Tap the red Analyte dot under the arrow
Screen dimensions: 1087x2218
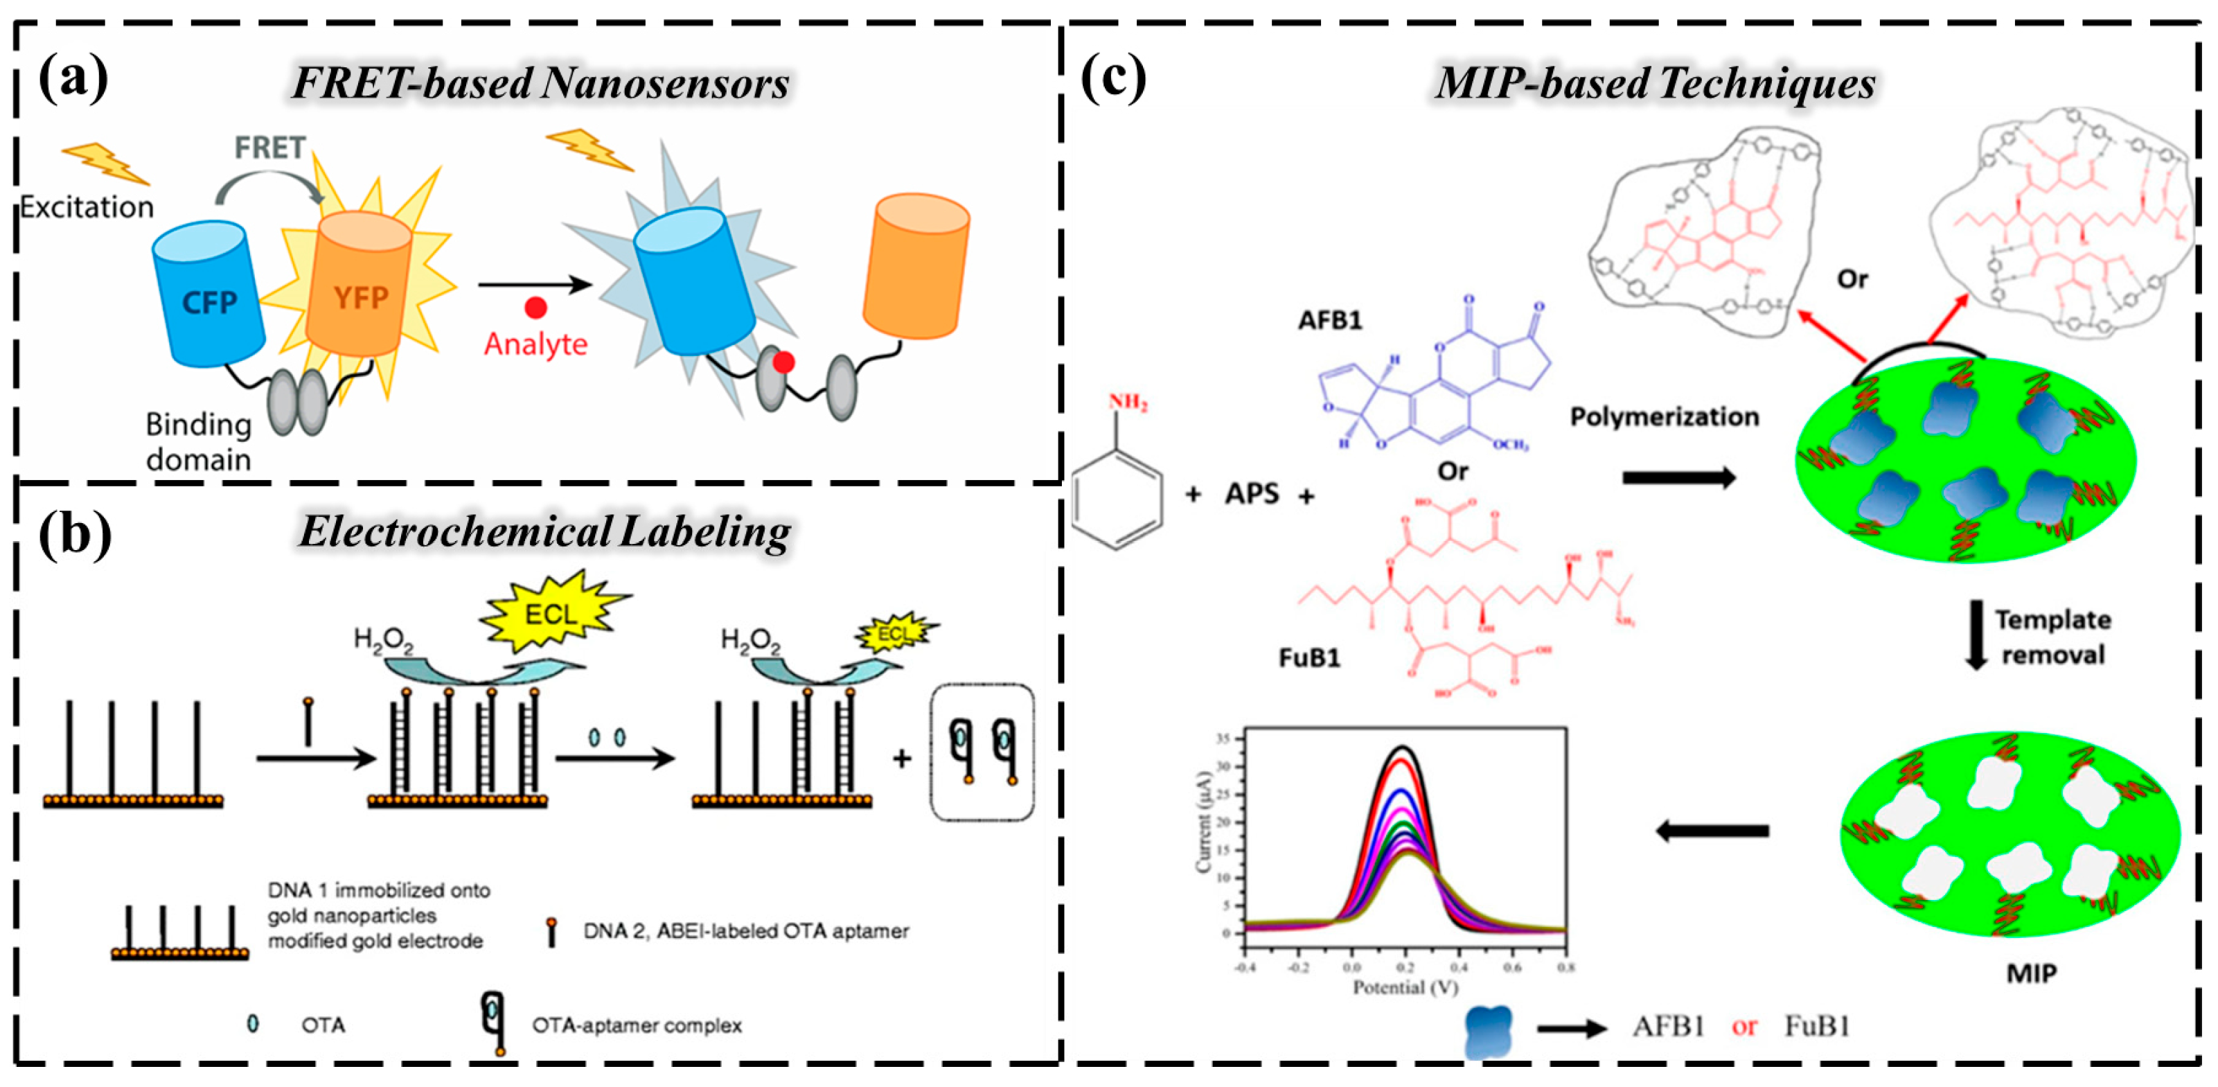[x=535, y=308]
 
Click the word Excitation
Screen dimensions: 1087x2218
[x=86, y=208]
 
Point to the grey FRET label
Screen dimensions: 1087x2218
[x=269, y=148]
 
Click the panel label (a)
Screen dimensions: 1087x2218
[x=73, y=79]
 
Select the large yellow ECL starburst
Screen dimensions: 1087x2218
[x=551, y=613]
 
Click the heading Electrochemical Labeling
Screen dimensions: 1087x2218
[x=544, y=531]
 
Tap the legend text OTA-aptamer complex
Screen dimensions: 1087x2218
[x=637, y=1025]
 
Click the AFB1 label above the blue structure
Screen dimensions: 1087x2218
[x=1329, y=320]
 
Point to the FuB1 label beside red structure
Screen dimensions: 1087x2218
[x=1308, y=658]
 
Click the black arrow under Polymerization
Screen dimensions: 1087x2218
[x=1678, y=477]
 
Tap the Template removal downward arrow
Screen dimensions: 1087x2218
[x=1976, y=635]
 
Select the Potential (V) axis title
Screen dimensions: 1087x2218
[x=1405, y=987]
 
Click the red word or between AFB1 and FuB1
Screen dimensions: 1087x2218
[x=1744, y=1026]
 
